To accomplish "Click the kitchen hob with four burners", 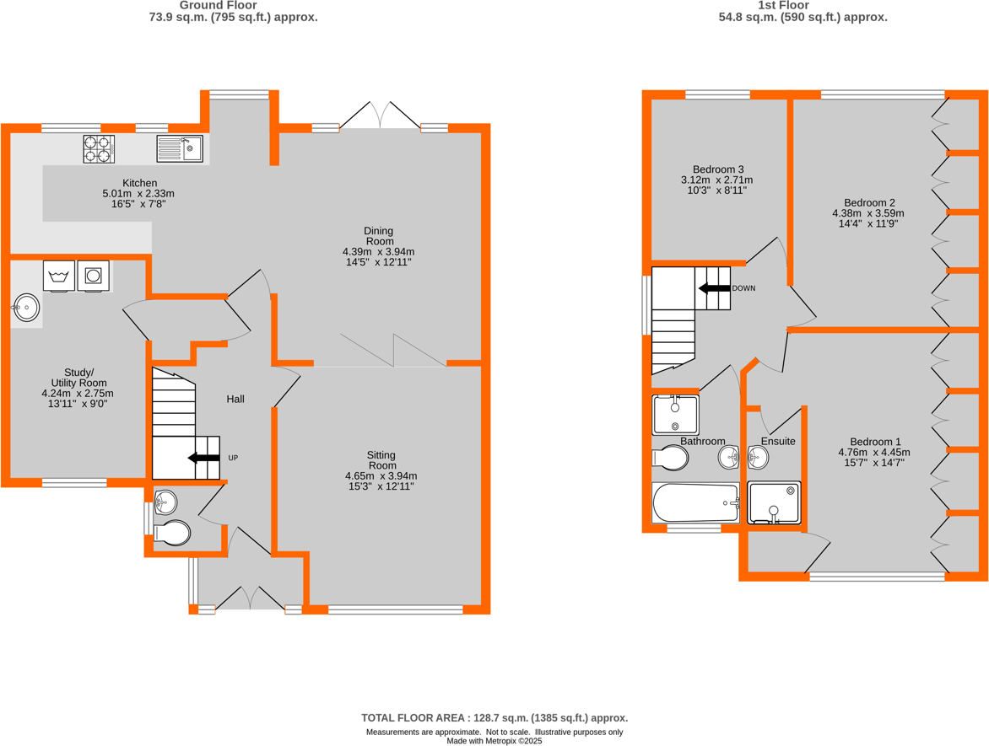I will (98, 149).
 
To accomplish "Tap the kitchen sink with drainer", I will (180, 149).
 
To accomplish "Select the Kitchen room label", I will (139, 183).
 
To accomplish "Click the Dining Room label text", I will (378, 236).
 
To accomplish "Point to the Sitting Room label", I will (381, 460).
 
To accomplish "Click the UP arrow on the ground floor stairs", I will (203, 458).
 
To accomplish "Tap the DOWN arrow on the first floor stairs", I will (714, 288).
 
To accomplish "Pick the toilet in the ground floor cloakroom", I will (172, 533).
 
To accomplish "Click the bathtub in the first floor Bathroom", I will (695, 502).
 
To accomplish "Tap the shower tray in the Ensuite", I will (774, 502).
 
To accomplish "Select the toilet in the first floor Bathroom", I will (672, 458).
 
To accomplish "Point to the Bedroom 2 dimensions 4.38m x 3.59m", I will (869, 214).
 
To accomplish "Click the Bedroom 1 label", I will (875, 442).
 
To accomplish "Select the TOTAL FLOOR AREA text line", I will (494, 717).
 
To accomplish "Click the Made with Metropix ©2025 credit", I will (494, 741).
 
